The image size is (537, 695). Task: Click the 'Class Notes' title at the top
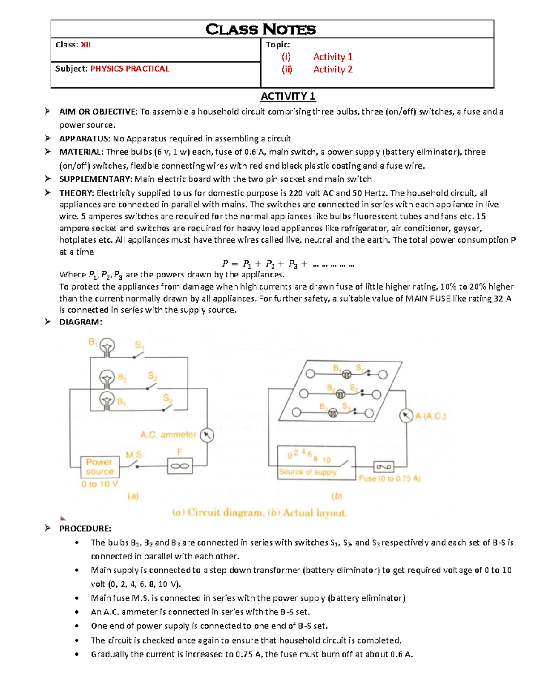[260, 30]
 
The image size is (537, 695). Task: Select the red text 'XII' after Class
[85, 45]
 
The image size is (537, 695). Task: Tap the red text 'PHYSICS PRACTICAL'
[130, 69]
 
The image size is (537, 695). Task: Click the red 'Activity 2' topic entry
[332, 69]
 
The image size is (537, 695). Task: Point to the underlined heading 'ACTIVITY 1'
[288, 96]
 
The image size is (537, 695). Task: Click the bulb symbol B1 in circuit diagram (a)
[107, 346]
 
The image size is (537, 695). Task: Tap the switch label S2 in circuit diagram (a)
[153, 376]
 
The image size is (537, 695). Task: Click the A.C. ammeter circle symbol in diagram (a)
[207, 435]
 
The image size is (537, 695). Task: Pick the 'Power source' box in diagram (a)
[99, 467]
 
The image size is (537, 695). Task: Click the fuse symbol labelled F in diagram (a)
[180, 466]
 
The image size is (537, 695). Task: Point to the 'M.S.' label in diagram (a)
[134, 455]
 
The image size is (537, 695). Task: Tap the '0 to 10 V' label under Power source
[99, 484]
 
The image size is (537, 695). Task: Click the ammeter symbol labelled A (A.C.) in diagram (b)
[406, 416]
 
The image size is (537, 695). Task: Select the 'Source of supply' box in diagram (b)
[316, 463]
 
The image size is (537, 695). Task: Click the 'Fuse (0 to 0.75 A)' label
[389, 478]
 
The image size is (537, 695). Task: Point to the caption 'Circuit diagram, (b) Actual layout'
[260, 513]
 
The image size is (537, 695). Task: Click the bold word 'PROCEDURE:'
[85, 529]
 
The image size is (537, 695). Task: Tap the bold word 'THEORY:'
[77, 193]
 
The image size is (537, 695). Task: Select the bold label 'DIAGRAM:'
[81, 322]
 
